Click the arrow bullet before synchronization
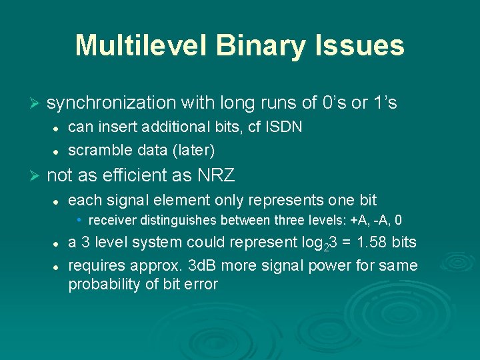[36, 103]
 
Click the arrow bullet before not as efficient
[36, 176]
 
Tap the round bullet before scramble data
[58, 150]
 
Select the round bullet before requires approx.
[58, 267]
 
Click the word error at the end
[201, 285]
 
